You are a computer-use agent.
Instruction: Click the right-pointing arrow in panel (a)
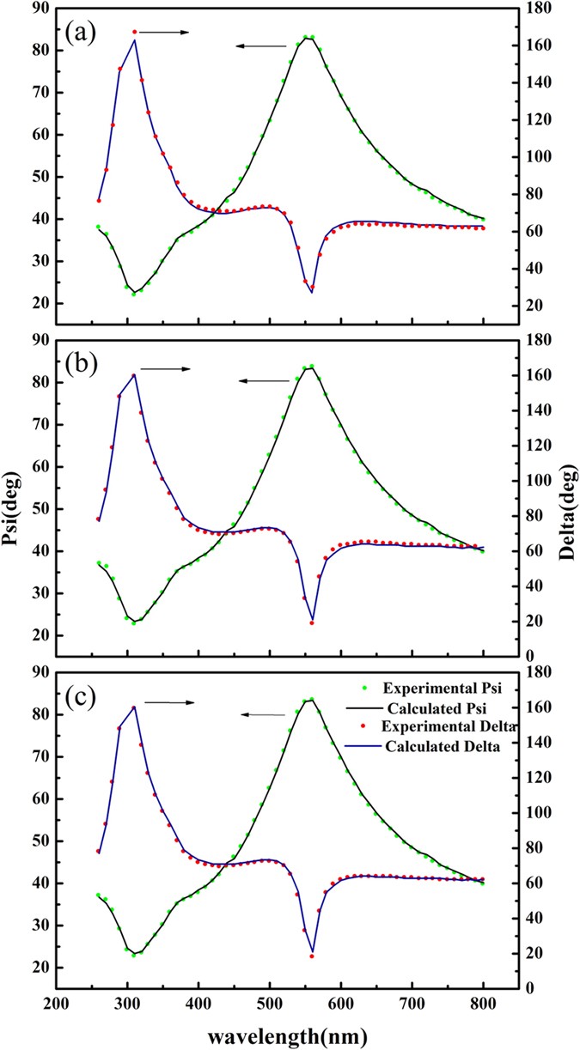(x=164, y=33)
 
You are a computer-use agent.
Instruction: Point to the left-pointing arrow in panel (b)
(x=264, y=380)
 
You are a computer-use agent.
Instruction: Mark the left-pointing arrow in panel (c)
(x=263, y=713)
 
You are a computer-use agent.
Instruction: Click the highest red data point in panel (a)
(x=135, y=32)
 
